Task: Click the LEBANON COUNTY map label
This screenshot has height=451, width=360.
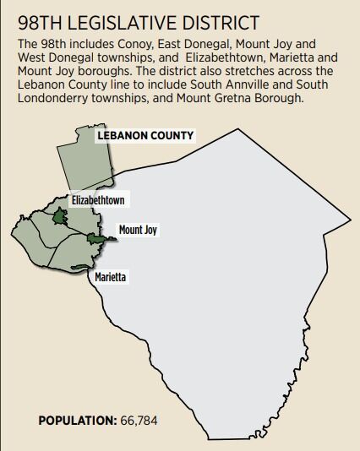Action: pos(145,135)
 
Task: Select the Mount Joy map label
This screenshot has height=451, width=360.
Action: pos(138,229)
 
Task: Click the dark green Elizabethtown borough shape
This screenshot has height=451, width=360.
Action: pos(59,217)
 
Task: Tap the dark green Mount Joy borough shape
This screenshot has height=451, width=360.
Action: pos(96,241)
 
